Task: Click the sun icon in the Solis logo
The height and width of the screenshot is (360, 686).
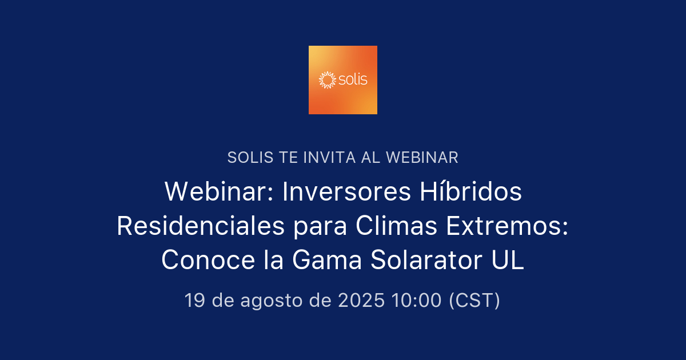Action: pos(326,80)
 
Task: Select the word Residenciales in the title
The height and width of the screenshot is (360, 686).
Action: pos(200,226)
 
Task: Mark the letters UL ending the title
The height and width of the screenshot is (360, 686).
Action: pos(508,261)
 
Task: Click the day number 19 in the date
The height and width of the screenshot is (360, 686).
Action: pos(194,300)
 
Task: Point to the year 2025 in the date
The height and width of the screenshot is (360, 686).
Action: pos(361,300)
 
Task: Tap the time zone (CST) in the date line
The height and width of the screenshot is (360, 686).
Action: pos(474,300)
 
